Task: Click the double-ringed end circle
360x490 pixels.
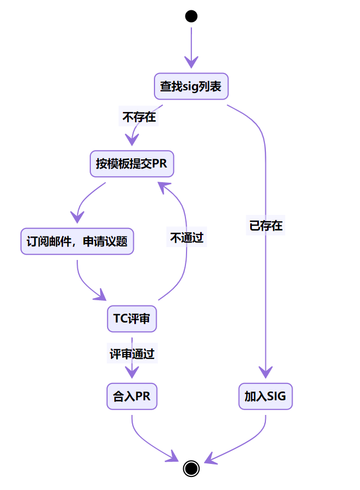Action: click(x=191, y=468)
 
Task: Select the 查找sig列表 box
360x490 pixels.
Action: click(x=191, y=86)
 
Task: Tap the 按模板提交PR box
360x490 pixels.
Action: click(x=132, y=164)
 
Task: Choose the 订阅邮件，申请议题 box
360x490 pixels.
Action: click(x=77, y=241)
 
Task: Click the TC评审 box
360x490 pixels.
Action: click(x=132, y=319)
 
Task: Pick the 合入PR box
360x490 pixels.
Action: click(x=132, y=396)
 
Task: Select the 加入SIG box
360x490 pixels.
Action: click(x=265, y=396)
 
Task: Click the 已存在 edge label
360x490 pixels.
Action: click(x=265, y=226)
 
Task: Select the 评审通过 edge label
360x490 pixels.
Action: click(x=132, y=354)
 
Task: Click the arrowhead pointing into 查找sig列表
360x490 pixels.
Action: click(x=191, y=60)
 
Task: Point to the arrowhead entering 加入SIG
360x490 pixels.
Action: click(x=265, y=372)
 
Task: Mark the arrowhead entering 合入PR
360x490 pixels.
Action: click(x=132, y=372)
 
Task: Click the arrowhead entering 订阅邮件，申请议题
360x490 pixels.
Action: click(x=78, y=216)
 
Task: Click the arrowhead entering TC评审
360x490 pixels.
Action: click(x=101, y=296)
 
